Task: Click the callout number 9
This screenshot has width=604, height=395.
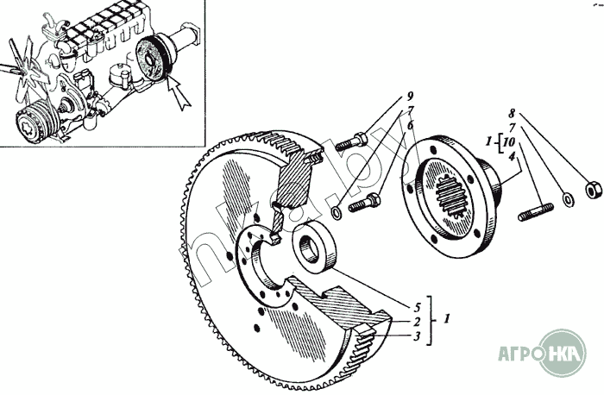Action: [x=411, y=95]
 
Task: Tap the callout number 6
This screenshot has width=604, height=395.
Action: [x=411, y=125]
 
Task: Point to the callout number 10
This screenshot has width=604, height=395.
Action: [x=513, y=141]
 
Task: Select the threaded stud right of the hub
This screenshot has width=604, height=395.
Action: [x=535, y=211]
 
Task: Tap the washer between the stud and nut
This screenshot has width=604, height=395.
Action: [x=569, y=199]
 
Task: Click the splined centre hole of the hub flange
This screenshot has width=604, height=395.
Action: [x=446, y=200]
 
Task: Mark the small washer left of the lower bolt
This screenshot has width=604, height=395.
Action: [x=335, y=212]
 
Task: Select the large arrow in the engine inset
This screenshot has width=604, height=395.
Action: [x=182, y=92]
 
